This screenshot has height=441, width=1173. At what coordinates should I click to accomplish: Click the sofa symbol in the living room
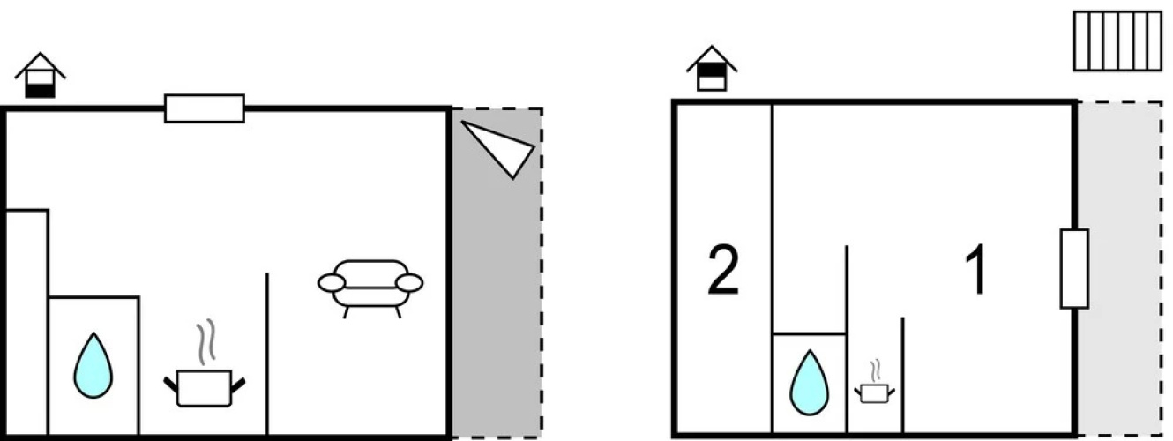click(370, 287)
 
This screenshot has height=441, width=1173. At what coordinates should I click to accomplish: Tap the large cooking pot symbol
click(205, 388)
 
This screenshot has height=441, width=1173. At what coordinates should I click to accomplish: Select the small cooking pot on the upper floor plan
click(874, 392)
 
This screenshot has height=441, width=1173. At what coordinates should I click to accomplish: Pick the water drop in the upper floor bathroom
click(809, 383)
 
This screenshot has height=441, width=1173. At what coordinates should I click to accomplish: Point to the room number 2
click(723, 270)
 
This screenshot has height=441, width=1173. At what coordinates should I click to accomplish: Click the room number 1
click(976, 270)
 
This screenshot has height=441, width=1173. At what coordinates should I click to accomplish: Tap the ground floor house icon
click(41, 75)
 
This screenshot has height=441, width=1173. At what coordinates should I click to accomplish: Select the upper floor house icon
click(712, 69)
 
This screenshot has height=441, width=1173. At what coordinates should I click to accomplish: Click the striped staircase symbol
click(1117, 41)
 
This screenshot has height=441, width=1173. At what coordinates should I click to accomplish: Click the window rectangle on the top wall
click(205, 108)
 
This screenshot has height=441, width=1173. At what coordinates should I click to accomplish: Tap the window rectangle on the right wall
click(1074, 269)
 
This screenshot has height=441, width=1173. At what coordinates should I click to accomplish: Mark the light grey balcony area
click(1119, 269)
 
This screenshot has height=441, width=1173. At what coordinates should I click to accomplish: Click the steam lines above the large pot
click(206, 341)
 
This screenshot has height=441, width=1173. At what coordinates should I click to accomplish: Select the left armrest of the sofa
click(332, 283)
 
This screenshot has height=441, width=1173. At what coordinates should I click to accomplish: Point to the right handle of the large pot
click(237, 385)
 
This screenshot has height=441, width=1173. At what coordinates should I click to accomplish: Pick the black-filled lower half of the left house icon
click(41, 91)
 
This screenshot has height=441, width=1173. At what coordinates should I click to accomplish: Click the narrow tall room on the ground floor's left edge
click(26, 322)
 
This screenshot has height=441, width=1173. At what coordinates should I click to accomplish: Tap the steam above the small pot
click(875, 371)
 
